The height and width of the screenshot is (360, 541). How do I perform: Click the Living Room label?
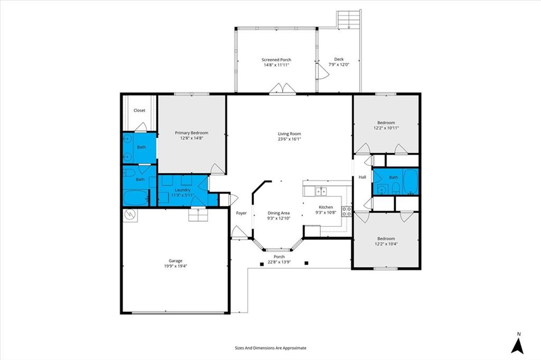tap(290, 134)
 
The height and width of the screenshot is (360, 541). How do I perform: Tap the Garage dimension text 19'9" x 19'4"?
tap(175, 267)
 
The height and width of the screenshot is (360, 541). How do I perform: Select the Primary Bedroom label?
tap(191, 133)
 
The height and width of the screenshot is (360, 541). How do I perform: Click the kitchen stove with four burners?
tap(347, 211)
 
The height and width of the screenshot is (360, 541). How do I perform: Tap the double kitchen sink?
tap(321, 192)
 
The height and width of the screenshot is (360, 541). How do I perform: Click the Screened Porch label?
tap(276, 60)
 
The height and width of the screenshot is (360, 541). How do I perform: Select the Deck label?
tap(339, 59)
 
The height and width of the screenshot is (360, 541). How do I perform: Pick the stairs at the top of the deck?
tap(349, 20)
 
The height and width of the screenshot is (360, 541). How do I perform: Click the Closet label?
tap(139, 110)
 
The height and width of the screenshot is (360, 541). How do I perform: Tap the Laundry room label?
tap(182, 189)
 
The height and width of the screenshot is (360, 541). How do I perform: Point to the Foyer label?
tap(241, 213)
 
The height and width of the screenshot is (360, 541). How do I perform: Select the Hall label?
tap(362, 177)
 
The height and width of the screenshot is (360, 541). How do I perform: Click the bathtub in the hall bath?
tap(410, 181)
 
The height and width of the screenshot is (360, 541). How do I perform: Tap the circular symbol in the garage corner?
tap(130, 214)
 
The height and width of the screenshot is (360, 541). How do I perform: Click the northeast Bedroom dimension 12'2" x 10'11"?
tap(386, 128)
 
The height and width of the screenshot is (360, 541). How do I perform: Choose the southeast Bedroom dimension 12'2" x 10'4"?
tap(386, 244)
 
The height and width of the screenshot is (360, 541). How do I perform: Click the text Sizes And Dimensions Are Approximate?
tap(270, 348)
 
